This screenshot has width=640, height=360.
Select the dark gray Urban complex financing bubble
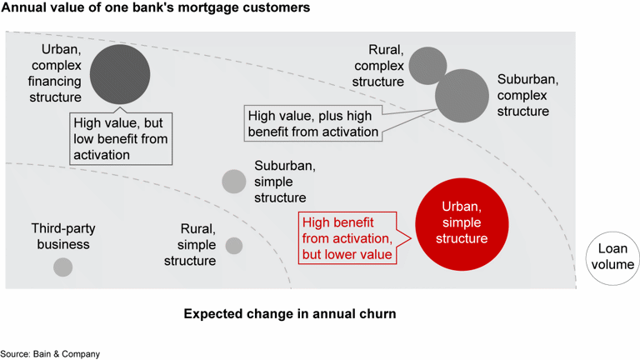pos(120,74)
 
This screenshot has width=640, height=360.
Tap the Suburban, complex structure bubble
pos(462,96)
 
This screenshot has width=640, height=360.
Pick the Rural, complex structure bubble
pos(427,66)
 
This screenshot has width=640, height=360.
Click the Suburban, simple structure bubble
pos(234,181)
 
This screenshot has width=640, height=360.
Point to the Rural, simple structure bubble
pos(234,245)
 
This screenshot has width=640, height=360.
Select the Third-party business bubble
pos(62,267)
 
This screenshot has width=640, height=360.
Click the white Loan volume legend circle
pos(613,257)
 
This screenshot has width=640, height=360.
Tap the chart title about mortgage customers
pos(156,8)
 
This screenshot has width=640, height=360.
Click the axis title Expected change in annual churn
pos(290,314)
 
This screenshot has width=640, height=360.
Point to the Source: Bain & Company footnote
pos(50,354)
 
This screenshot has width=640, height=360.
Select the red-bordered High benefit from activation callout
pos(347,238)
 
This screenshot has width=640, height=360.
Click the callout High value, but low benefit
pos(120,137)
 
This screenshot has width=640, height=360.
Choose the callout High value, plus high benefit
pos(312,124)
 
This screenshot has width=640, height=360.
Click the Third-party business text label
pos(60,236)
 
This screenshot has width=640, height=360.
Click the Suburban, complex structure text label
pos(527,95)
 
